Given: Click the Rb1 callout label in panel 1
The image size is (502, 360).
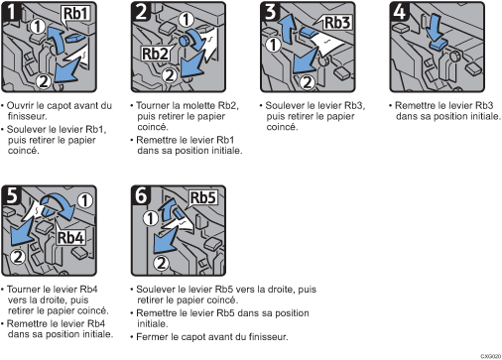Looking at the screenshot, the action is point(75,14).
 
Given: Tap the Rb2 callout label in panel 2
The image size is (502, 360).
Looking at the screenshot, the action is point(155,54).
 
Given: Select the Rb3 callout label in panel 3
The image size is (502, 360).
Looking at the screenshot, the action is point(337,23).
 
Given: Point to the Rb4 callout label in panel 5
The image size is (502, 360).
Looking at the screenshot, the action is point(70,237).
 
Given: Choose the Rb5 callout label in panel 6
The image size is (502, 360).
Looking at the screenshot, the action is point(203,197).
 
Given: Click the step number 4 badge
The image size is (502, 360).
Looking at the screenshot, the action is point(399,12).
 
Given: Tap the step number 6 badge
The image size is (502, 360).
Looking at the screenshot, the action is point(141,194).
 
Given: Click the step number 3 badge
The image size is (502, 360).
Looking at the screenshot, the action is point(270,12).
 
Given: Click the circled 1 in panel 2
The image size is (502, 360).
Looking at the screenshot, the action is point(187,20).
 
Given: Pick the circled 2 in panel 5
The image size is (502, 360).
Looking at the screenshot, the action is point(18,257).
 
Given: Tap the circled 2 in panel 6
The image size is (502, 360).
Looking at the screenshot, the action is point(162,263).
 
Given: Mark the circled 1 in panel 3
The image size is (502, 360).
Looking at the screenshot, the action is point(274,45).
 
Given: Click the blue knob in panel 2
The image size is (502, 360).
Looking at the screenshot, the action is point(184,41).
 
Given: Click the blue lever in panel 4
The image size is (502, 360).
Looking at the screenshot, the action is point(439,45).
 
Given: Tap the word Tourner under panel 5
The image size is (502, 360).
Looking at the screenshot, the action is point(21,290).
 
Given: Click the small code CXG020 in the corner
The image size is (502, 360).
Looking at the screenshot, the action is point(491,356).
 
